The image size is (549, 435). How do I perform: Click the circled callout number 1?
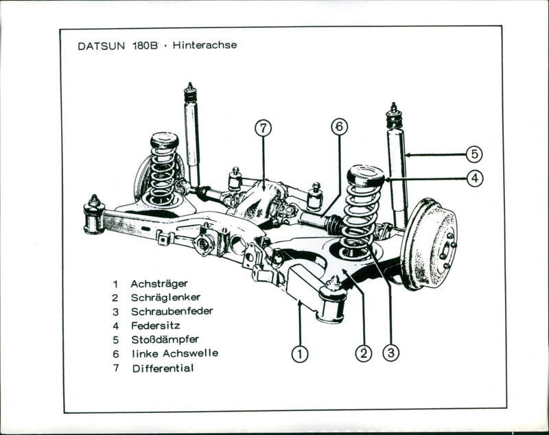[299, 354]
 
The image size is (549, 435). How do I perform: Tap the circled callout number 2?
[363, 354]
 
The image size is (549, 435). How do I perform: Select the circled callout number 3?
[390, 354]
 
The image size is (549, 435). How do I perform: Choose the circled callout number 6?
[339, 127]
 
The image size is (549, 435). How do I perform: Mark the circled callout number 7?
[263, 128]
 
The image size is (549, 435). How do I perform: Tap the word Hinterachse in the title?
[205, 45]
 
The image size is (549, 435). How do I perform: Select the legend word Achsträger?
[159, 283]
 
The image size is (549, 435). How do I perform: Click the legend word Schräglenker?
[165, 298]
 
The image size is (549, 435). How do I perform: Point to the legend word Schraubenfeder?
[172, 311]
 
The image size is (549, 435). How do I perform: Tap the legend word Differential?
[163, 368]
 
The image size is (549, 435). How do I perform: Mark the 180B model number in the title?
[141, 46]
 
